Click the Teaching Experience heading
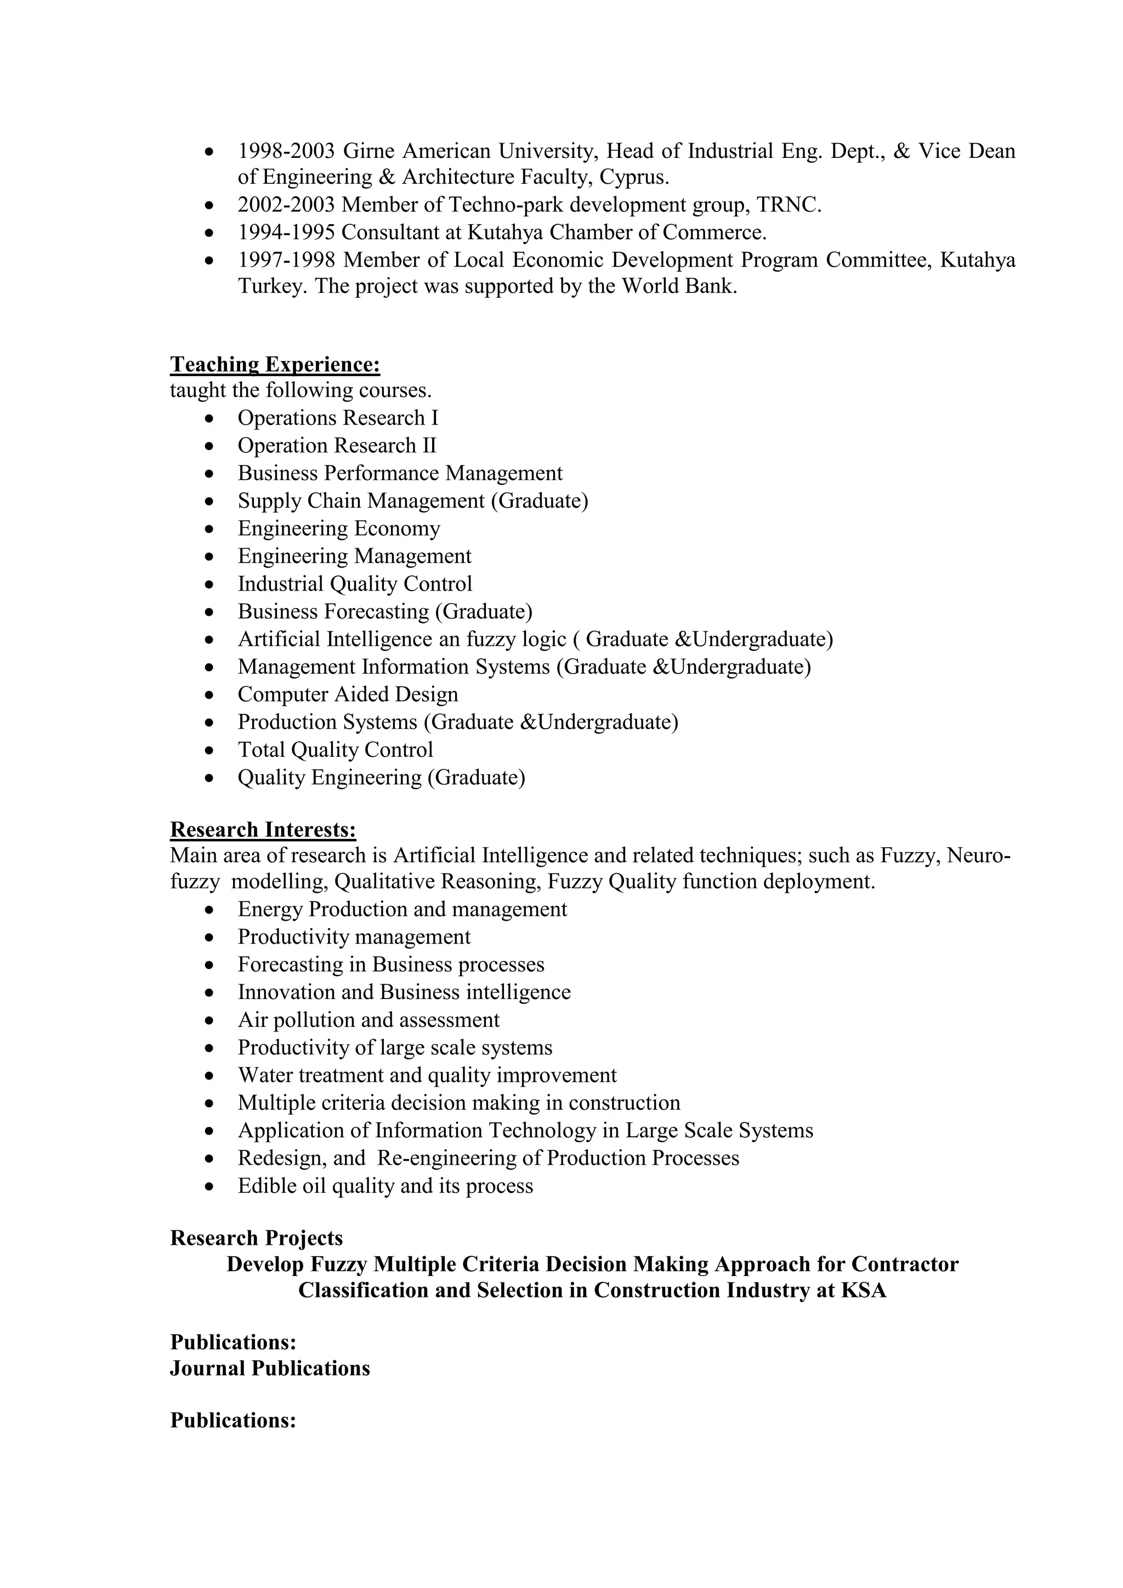point(275,365)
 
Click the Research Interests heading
point(263,829)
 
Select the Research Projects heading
point(256,1238)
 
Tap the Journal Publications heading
point(270,1368)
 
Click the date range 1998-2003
point(286,151)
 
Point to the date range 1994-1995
point(286,232)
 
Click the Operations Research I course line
point(337,418)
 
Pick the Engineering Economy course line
point(339,529)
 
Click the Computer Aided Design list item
point(348,694)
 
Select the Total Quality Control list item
point(336,750)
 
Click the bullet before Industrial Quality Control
point(210,585)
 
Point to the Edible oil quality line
point(385,1186)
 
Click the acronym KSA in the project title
point(863,1291)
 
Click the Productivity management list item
point(354,937)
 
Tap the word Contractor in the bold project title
point(904,1264)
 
